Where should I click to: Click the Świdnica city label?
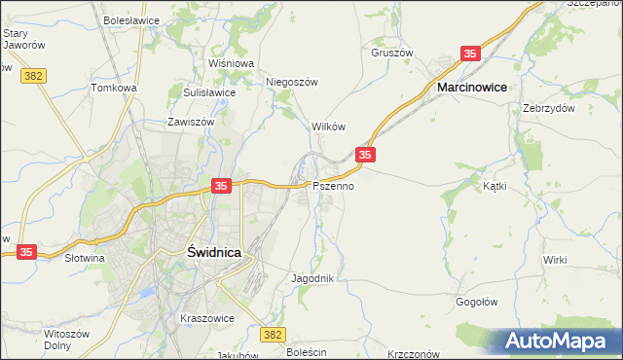(213, 251)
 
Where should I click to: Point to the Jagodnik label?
(312, 278)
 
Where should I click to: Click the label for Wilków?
(328, 127)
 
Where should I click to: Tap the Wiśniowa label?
(231, 63)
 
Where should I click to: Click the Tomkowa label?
(114, 88)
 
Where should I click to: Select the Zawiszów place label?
(190, 124)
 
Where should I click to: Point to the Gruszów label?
(392, 54)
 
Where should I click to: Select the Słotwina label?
(84, 259)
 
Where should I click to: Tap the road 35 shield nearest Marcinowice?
(471, 54)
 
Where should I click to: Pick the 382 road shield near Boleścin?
(274, 335)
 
